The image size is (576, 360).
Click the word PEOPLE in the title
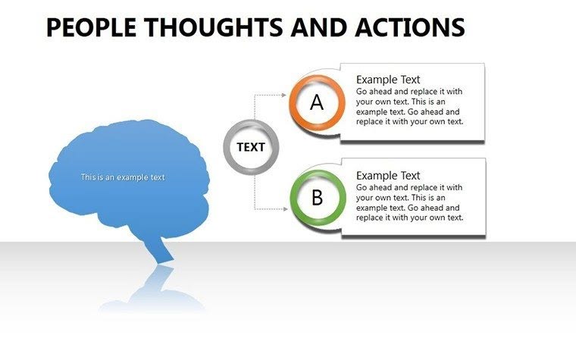point(90,27)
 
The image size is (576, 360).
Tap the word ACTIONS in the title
point(410,27)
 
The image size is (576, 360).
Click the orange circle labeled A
point(317,102)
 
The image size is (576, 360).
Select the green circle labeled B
point(317,199)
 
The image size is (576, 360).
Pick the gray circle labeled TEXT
point(251,147)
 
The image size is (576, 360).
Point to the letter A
point(317,102)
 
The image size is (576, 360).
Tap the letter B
point(317,199)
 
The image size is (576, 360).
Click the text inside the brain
point(123,177)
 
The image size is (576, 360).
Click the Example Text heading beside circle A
point(388,80)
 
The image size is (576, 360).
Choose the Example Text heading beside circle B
point(388,175)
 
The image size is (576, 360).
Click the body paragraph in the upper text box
point(409,106)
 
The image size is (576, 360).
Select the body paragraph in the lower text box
point(409,202)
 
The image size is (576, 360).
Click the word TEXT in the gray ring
point(251,147)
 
